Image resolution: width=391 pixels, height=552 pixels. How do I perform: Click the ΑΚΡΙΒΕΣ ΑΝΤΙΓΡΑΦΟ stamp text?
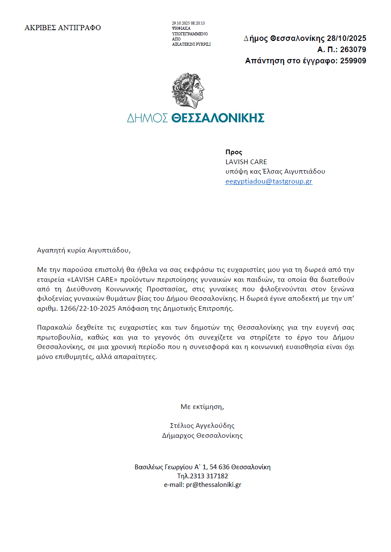point(63,28)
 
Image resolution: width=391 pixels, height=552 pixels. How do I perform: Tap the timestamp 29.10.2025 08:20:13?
point(188,23)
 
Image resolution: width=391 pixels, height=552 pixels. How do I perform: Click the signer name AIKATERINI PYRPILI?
point(191,44)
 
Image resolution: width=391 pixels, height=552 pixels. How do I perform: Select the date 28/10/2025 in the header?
point(347,39)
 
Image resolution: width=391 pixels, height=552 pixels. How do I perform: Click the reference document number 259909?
point(353,61)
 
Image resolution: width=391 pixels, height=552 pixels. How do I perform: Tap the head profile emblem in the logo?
point(188,90)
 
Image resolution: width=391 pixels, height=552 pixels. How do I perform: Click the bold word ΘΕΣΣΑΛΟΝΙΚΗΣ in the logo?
point(218,118)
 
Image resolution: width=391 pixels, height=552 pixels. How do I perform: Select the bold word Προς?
point(234,152)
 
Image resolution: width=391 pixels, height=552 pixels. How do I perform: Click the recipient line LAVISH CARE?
point(246,162)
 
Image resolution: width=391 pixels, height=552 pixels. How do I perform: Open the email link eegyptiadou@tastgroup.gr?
point(269,181)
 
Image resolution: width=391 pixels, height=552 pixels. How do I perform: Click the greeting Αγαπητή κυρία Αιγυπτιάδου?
point(83,250)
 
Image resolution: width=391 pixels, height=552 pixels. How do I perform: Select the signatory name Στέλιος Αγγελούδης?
point(203,426)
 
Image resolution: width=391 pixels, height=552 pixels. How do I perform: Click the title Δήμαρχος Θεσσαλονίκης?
point(202,436)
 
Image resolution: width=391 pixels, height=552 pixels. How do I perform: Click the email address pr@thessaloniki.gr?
point(214,485)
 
